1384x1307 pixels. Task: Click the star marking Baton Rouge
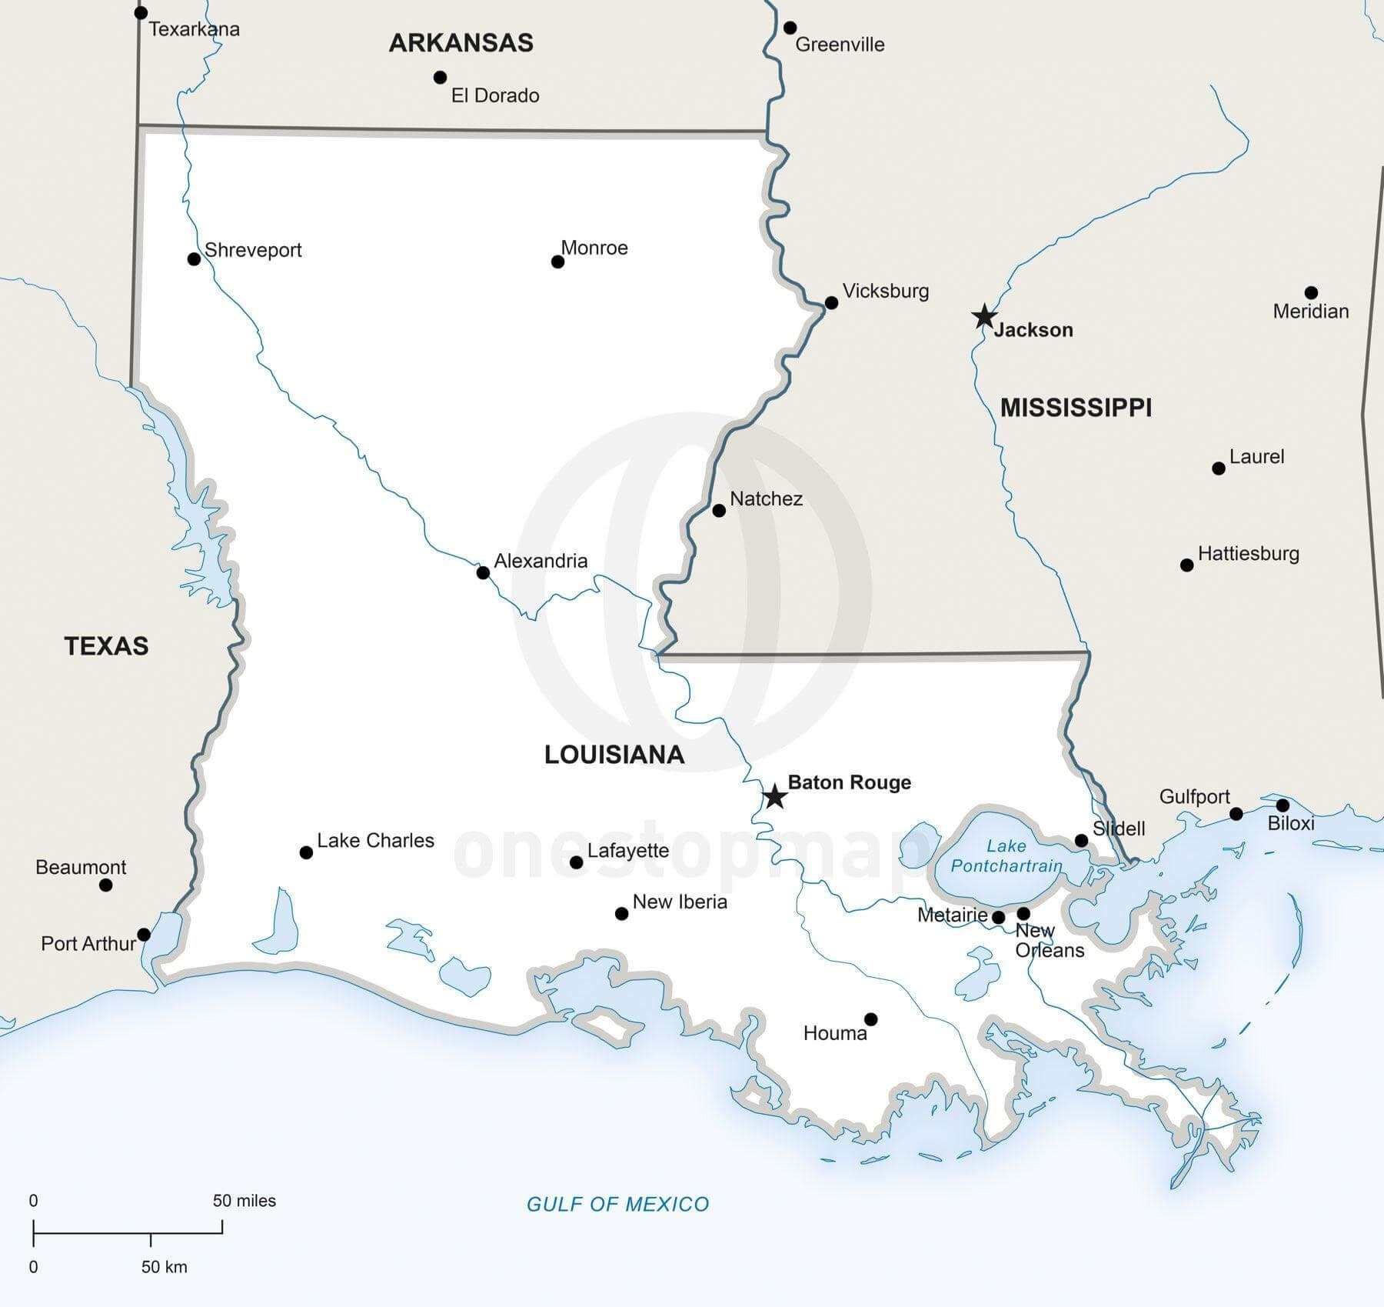point(774,797)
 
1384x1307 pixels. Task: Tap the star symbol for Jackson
point(984,316)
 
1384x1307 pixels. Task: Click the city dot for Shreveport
point(195,259)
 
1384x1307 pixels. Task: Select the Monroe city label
point(594,248)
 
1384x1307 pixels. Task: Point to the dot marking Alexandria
point(483,572)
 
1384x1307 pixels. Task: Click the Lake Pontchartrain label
point(1006,856)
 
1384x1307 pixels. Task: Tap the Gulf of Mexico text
point(617,1204)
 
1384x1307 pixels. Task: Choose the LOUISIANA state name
point(614,755)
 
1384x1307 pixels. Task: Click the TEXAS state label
point(106,645)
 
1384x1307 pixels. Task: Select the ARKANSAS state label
point(461,42)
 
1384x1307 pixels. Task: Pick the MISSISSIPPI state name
point(1075,407)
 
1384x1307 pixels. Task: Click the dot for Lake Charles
point(306,852)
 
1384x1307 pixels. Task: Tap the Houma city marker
point(870,1019)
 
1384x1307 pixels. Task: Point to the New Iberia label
point(680,902)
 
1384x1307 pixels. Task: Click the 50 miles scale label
point(244,1201)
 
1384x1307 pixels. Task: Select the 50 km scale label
point(164,1267)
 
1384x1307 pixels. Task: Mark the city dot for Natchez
point(719,511)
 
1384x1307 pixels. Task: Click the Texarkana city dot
point(141,13)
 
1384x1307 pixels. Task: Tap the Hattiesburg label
point(1248,553)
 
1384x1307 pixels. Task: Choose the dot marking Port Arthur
point(144,935)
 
